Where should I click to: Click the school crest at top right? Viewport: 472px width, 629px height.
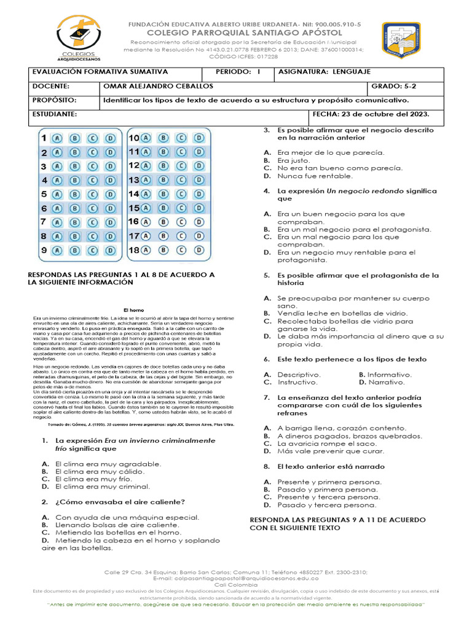(x=401, y=41)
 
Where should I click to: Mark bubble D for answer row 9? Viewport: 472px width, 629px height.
(x=110, y=250)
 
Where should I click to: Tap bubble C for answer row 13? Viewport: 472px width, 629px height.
(x=181, y=180)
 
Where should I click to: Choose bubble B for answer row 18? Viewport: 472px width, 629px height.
(x=163, y=249)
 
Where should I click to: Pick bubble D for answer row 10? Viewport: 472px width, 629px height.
(x=199, y=138)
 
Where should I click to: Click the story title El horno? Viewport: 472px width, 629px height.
(x=133, y=310)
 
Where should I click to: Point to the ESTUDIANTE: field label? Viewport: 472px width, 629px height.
(x=55, y=114)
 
